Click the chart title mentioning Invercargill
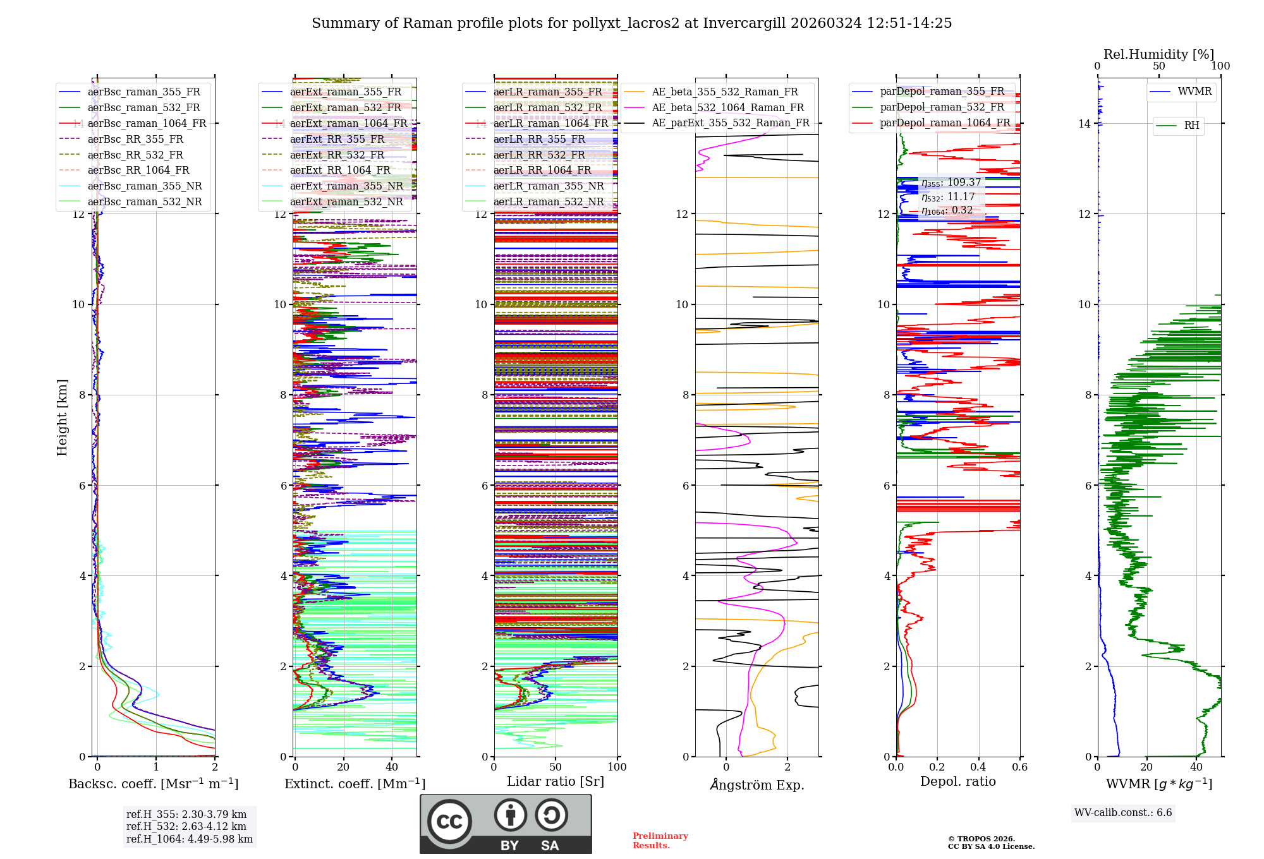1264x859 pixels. click(631, 23)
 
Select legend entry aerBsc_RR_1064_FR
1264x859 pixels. click(138, 170)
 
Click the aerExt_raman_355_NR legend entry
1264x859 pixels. click(346, 186)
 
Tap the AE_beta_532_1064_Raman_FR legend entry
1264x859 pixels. click(727, 107)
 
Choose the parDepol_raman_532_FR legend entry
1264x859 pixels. click(942, 107)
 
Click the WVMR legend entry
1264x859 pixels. click(1194, 92)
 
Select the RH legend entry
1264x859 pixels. click(1191, 126)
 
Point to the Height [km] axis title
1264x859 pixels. click(62, 417)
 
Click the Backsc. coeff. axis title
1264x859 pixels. click(153, 784)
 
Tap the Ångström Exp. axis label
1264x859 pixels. click(757, 784)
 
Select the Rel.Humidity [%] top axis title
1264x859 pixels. click(1158, 54)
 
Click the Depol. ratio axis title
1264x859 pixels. click(957, 781)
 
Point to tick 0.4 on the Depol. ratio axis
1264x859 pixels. click(978, 767)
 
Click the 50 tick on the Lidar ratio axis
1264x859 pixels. click(556, 767)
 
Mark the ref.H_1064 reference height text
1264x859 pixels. click(189, 839)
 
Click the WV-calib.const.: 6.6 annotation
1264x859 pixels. click(1123, 812)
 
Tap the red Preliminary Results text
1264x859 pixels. click(660, 840)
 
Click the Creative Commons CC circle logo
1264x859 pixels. click(449, 822)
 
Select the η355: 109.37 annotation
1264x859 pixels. click(951, 183)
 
